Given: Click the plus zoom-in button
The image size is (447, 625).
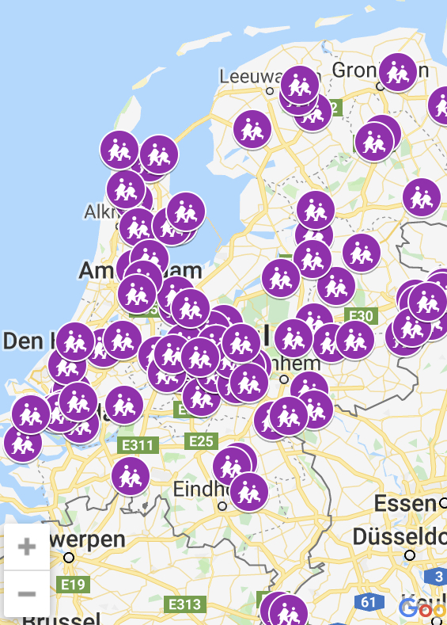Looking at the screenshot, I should (27, 546).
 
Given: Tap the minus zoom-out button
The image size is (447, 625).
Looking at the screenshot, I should (27, 593).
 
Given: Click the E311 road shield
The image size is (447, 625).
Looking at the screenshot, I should (137, 445).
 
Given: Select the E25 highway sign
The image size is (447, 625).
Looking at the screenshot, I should (200, 440).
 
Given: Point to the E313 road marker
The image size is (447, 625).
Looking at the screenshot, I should (184, 604).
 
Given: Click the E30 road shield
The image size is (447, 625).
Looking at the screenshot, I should (361, 316).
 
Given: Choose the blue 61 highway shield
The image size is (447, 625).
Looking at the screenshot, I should (368, 602).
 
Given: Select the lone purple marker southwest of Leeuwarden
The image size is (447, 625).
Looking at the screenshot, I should (252, 129).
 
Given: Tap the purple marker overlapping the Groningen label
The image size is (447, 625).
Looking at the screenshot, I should (397, 72).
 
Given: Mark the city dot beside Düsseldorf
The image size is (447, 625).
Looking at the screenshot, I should (410, 556).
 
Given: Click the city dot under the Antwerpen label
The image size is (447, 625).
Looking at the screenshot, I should (69, 557).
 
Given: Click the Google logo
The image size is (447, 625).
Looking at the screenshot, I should (422, 609).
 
